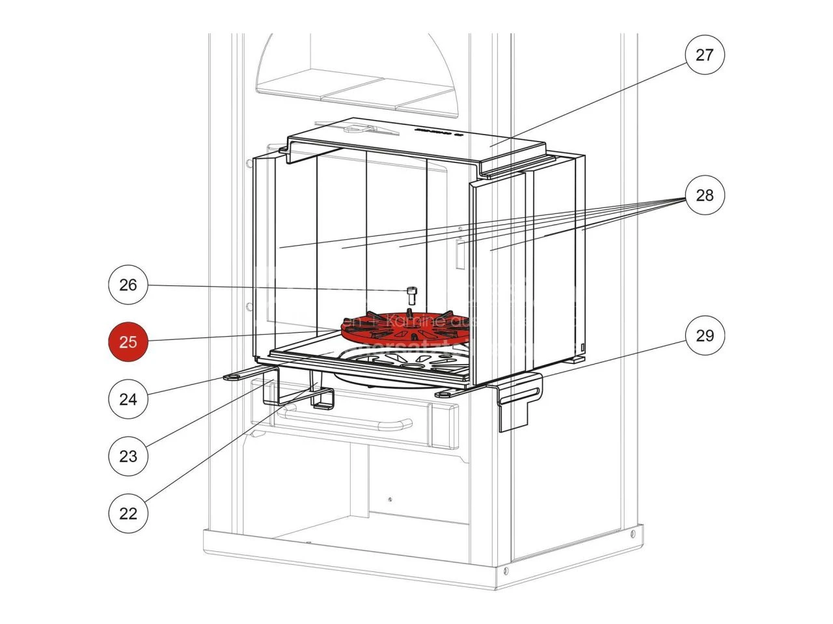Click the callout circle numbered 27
[x=705, y=55]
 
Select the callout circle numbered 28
[x=705, y=195]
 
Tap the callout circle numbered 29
[x=705, y=336]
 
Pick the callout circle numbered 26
[x=129, y=285]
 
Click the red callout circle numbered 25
[x=129, y=341]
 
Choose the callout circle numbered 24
[x=129, y=398]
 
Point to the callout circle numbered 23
[x=129, y=456]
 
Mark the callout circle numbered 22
[x=129, y=513]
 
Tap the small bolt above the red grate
[x=411, y=294]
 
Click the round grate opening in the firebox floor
[x=390, y=364]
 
